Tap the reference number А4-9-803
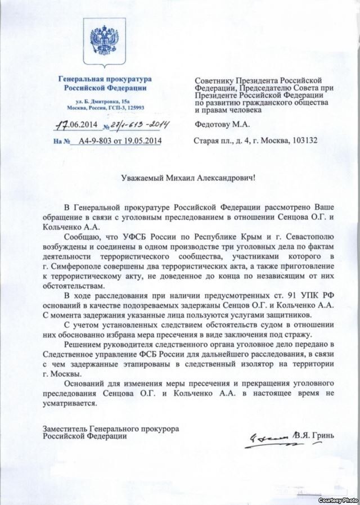(95, 142)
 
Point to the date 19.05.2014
(141, 142)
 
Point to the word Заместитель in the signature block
(64, 429)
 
